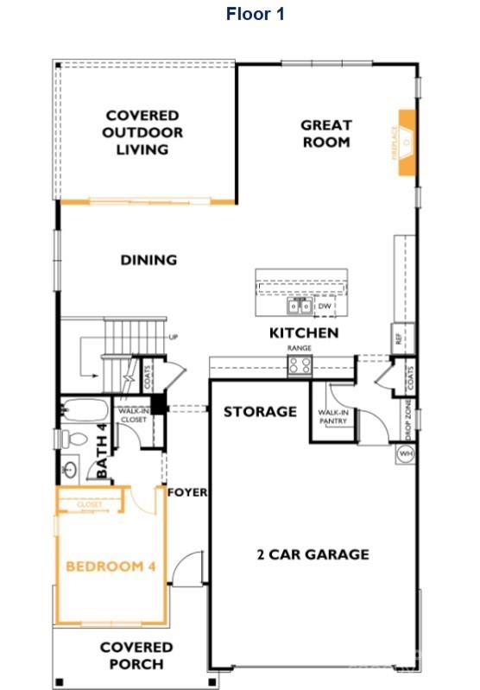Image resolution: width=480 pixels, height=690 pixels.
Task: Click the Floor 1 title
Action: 255,14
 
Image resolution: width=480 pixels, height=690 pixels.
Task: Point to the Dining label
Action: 148,259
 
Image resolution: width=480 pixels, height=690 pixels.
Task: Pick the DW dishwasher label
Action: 325,307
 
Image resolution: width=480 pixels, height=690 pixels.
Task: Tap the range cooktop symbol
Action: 299,364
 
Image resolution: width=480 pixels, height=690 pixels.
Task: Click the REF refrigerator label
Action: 398,339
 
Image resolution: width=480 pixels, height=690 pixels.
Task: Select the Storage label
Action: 261,411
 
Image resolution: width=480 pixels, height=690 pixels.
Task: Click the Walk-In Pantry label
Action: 332,417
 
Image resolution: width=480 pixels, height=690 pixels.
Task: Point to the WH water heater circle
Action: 407,453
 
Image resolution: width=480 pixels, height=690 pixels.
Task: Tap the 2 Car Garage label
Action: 313,554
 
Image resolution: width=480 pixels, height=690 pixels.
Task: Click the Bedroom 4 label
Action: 111,567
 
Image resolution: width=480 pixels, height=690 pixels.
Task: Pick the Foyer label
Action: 187,492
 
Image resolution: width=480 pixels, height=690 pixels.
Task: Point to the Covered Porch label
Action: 136,655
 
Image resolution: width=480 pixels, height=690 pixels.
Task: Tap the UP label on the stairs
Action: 174,337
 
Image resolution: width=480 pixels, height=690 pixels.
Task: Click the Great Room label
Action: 325,133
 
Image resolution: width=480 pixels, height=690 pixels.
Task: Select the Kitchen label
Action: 304,332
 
